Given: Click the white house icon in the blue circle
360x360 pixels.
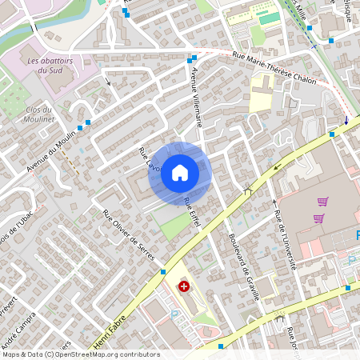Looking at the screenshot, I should pos(180,172).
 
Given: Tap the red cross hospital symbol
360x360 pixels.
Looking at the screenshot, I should pos(185,286).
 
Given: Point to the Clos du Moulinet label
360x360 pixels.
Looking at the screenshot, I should pos(38,114).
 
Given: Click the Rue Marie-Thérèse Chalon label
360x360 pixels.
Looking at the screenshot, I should pos(274,68).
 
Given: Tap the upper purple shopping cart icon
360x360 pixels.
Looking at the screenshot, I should pos(323,202).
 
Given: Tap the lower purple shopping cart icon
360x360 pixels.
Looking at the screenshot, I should pos(318,218).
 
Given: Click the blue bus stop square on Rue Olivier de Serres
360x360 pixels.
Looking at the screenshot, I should pos(162,272).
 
